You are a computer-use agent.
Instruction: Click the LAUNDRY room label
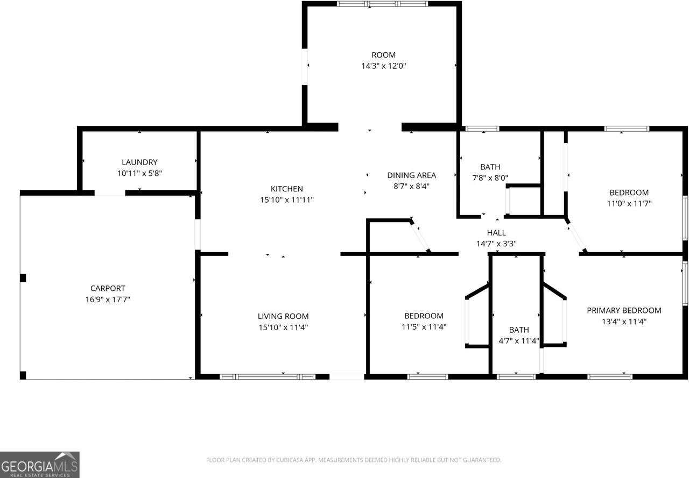coord(139,162)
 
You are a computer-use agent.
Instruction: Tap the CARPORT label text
coord(108,288)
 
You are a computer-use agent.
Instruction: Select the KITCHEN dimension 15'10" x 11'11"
coord(286,200)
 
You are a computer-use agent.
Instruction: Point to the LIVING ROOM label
coord(283,316)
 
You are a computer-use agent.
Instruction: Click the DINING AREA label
coord(411,175)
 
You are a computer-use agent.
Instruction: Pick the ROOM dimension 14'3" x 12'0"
coord(383,66)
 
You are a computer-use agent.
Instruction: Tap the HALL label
coord(496,232)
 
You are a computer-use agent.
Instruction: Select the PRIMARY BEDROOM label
coord(623,310)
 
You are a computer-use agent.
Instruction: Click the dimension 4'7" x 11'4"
coord(519,340)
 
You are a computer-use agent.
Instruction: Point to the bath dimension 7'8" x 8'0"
coord(490,177)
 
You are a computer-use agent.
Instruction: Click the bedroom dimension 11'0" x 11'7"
coord(629,204)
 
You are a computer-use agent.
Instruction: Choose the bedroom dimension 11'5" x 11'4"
coord(424,326)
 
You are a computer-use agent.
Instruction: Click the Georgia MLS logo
coord(40,464)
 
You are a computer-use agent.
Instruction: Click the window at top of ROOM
coord(382,4)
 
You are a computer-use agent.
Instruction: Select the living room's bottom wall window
coord(268,376)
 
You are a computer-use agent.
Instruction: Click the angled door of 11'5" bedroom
coord(420,236)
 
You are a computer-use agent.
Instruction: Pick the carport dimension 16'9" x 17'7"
coord(108,299)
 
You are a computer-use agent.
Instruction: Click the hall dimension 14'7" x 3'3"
coord(496,243)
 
